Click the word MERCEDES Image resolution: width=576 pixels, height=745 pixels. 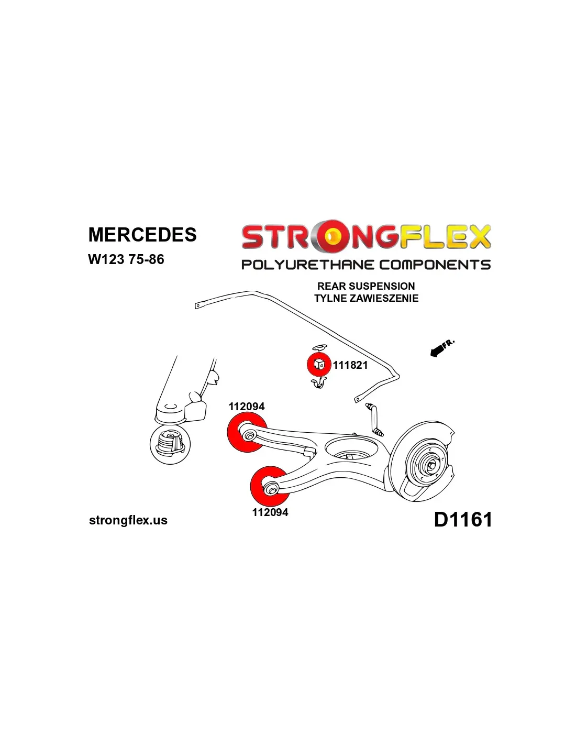pos(142,235)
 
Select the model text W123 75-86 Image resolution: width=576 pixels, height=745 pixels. pos(126,259)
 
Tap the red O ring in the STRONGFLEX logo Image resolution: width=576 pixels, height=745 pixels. pos(330,237)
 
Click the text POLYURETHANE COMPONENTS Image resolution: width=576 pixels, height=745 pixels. pos(365,265)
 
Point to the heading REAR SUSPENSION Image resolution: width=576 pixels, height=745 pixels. pos(365,286)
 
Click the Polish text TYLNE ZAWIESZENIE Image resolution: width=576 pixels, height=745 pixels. pos(366,298)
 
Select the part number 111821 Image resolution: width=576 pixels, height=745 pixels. pos(350,365)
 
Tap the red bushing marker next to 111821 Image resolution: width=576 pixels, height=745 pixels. pos(318,364)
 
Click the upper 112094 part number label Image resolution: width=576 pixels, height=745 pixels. pos(247,407)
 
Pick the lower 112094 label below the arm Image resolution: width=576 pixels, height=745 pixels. pos(270,512)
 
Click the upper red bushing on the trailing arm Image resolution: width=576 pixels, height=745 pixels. pos(247,432)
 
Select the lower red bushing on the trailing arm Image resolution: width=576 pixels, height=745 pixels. pos(269,486)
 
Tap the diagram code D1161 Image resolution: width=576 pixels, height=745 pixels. pos(463,520)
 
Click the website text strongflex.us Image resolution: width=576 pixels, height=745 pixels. pos(128,520)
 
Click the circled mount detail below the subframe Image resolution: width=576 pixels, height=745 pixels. pos(170,444)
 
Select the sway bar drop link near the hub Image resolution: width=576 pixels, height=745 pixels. pos(375,419)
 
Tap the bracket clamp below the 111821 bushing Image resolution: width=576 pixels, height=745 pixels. pos(318,384)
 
